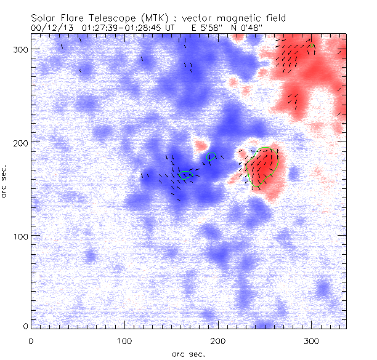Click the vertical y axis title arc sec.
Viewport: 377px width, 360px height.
[x=6, y=181]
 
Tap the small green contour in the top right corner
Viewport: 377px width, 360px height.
[x=312, y=46]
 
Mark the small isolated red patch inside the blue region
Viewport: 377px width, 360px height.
[x=200, y=146]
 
